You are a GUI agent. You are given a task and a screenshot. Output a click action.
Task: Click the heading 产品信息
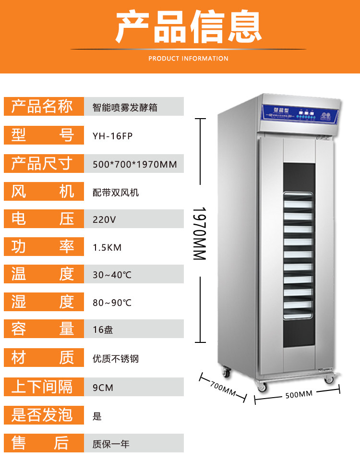(x=189, y=28)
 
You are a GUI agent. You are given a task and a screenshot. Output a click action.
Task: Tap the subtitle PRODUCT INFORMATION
(x=188, y=59)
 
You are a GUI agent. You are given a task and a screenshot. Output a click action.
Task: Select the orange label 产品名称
(x=42, y=107)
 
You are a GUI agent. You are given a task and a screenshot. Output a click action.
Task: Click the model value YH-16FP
(x=112, y=136)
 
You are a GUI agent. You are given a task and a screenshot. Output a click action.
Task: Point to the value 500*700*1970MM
(x=134, y=164)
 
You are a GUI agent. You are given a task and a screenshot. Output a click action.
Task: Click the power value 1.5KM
(x=107, y=247)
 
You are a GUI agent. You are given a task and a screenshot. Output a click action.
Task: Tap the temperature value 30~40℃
(x=112, y=275)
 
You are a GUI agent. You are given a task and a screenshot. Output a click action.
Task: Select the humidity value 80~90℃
(x=112, y=303)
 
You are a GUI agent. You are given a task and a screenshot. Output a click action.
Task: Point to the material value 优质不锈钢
(x=116, y=358)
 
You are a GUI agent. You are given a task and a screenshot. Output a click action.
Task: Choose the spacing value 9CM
(x=103, y=387)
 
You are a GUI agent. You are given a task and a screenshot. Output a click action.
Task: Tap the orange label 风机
(x=42, y=192)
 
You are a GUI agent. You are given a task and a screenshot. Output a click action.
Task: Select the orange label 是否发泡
(x=42, y=414)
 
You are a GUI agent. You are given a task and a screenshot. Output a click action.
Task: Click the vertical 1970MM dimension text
(x=200, y=233)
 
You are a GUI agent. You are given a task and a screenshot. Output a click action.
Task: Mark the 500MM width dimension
(x=299, y=394)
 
